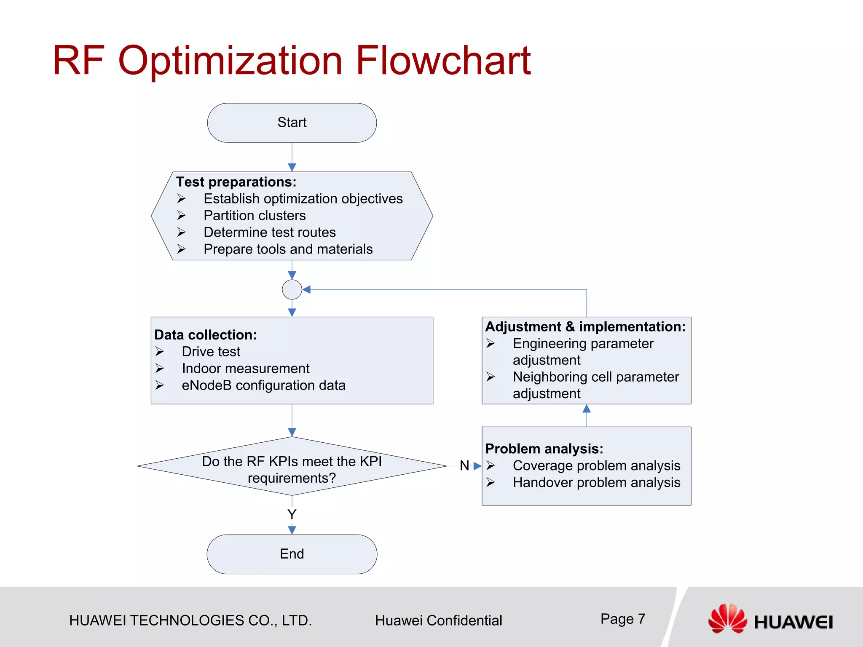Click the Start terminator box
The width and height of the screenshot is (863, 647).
click(292, 123)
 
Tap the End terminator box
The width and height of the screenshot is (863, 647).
click(292, 554)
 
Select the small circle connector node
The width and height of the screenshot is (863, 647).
click(292, 289)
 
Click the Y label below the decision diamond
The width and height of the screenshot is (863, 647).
click(292, 514)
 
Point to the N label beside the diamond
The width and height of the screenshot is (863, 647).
click(464, 465)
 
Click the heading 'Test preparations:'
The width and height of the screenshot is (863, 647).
click(236, 182)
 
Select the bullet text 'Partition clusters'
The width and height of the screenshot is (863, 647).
click(255, 216)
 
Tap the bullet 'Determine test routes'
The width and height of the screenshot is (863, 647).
click(270, 233)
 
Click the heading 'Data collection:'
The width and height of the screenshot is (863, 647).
click(205, 335)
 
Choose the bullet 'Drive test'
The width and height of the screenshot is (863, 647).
click(211, 352)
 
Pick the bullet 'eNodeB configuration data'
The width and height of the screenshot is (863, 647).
click(263, 385)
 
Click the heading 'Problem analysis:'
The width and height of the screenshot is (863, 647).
click(544, 449)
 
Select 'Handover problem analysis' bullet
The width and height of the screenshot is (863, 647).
click(596, 483)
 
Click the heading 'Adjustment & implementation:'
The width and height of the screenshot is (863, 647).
click(585, 327)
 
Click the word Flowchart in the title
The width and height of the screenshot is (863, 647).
click(443, 61)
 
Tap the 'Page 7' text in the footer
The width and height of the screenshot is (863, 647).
click(622, 619)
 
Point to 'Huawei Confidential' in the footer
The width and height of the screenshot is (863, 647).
click(438, 620)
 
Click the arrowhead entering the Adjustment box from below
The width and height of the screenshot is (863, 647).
click(586, 409)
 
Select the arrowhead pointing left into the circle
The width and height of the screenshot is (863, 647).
click(307, 289)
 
